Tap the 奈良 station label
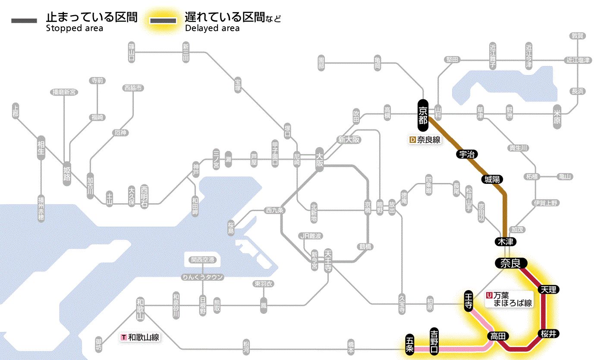point(510,263)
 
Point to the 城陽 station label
point(492,179)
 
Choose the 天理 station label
point(549,289)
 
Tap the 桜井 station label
point(549,333)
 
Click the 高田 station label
point(498,336)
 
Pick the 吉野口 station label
point(434,341)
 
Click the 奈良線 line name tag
point(425,140)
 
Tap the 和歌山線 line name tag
point(141,337)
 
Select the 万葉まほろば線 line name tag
point(509,299)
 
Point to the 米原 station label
point(557,116)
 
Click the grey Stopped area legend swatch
point(24,20)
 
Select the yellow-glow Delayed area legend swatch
point(163,20)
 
